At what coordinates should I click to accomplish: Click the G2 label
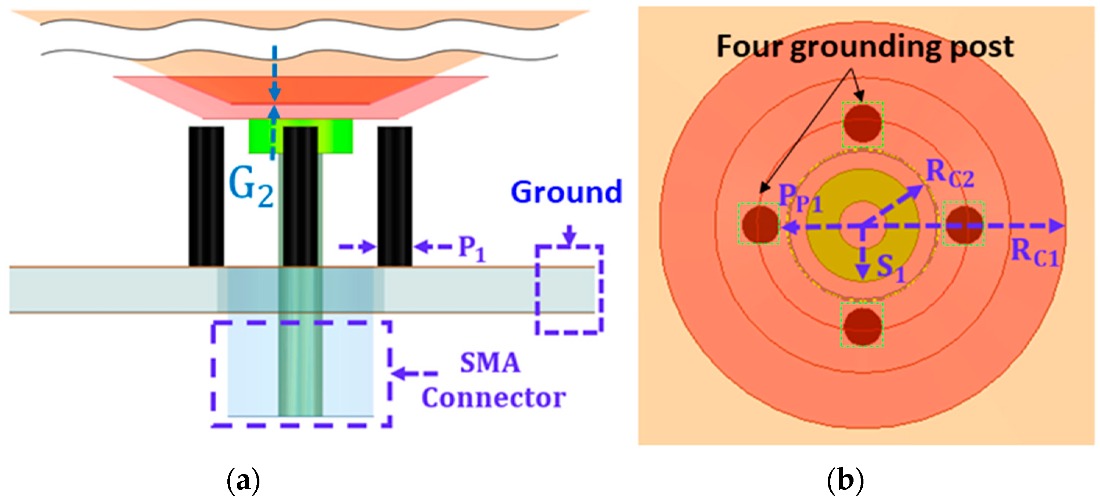click(251, 188)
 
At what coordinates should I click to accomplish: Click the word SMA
click(490, 363)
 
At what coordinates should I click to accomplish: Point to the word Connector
click(494, 398)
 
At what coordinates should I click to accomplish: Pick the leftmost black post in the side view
click(206, 197)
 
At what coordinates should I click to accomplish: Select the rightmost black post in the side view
click(394, 197)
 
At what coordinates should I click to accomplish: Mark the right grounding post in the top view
click(964, 224)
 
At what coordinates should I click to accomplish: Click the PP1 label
click(800, 199)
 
